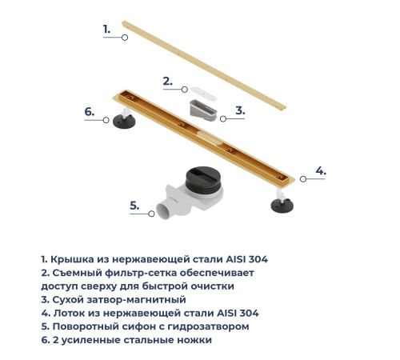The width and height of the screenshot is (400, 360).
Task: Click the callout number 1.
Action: tap(106, 29)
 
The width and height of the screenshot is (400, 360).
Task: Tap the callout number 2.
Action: tap(167, 81)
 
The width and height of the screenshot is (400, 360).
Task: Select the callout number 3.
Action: tap(239, 110)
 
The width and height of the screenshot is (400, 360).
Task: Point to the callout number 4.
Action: tap(320, 170)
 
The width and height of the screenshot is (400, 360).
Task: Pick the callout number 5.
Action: tap(134, 206)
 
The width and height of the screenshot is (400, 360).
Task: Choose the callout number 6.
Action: tap(90, 112)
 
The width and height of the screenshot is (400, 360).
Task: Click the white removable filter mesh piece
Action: tap(196, 90)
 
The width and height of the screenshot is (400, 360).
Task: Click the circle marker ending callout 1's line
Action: tap(126, 37)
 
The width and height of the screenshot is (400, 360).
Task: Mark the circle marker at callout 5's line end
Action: tap(153, 214)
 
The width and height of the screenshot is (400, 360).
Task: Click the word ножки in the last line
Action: tap(194, 340)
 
